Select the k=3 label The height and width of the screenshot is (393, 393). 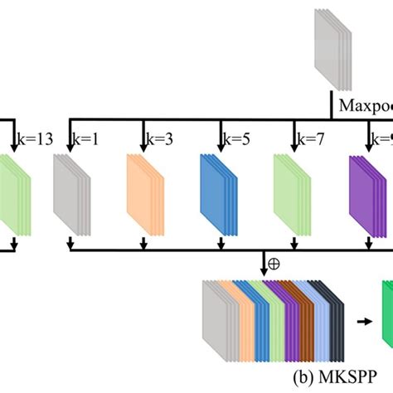pyautogui.click(x=161, y=138)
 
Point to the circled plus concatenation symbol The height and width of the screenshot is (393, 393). pyautogui.click(x=274, y=268)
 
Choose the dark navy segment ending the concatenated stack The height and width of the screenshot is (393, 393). pyautogui.click(x=333, y=319)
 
